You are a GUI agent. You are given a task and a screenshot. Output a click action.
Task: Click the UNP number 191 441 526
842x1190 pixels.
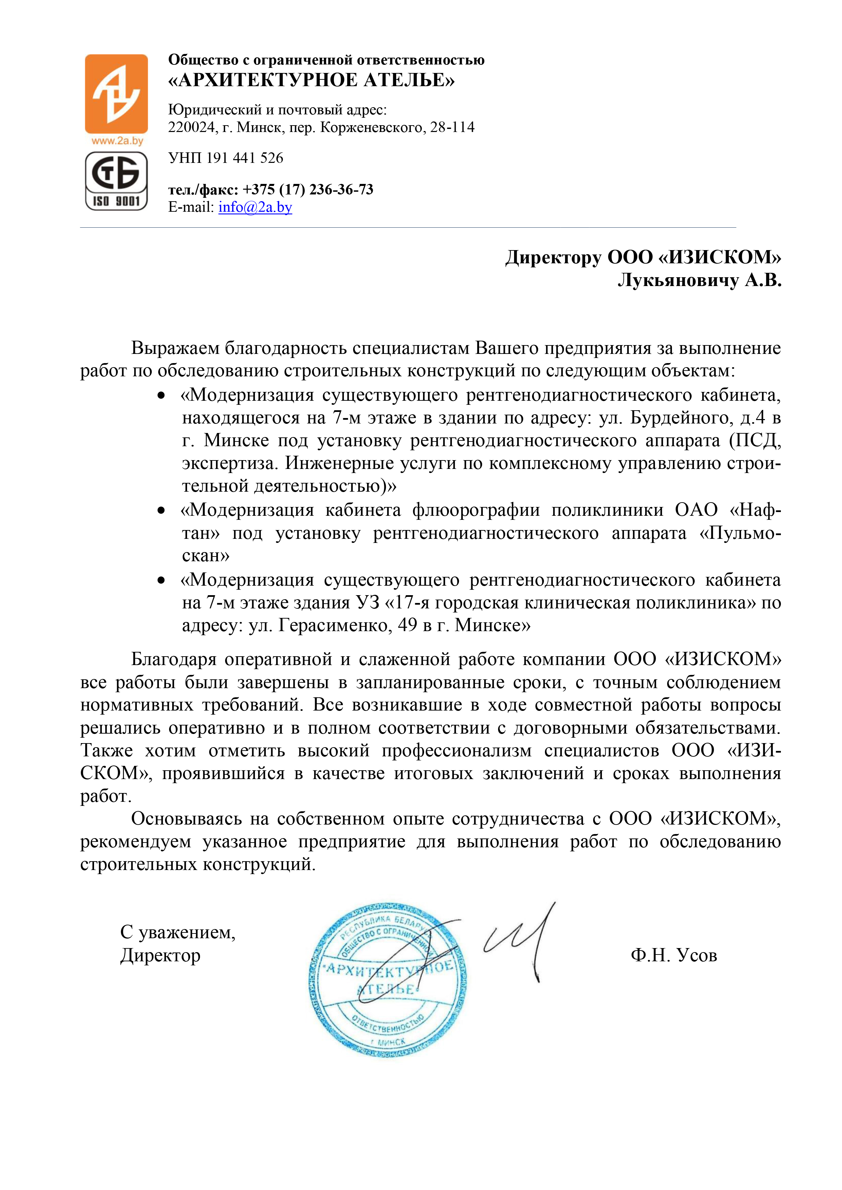(245, 158)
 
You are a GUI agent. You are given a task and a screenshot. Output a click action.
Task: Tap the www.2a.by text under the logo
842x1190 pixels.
(117, 141)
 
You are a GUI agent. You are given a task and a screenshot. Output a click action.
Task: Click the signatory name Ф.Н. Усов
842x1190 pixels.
(674, 955)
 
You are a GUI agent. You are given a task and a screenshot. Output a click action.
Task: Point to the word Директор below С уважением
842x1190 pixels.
(160, 955)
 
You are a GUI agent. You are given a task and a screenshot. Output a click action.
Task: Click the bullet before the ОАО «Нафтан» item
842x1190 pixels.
(161, 511)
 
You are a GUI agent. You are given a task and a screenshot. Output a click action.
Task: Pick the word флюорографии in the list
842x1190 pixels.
(475, 511)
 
